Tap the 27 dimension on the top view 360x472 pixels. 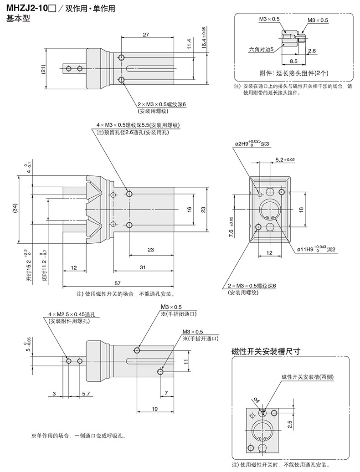[x=146, y=35]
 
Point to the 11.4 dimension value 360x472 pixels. [x=189, y=44]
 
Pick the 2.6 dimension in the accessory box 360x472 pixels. [x=312, y=51]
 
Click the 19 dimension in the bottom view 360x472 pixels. [x=154, y=409]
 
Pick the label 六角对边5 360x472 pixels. [x=261, y=49]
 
